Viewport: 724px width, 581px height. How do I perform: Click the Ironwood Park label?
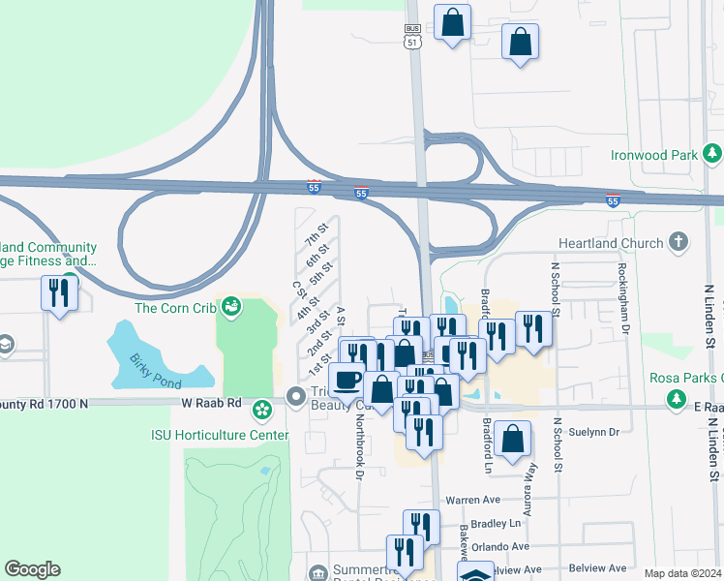pyautogui.click(x=654, y=155)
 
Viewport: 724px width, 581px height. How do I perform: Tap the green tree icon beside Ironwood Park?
pyautogui.click(x=712, y=154)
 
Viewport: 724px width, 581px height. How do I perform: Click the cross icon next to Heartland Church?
pyautogui.click(x=679, y=242)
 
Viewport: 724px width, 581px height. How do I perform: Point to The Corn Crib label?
pyautogui.click(x=173, y=309)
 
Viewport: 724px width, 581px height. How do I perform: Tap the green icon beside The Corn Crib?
pyautogui.click(x=230, y=308)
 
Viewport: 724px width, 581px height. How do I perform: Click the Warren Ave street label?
pyautogui.click(x=471, y=501)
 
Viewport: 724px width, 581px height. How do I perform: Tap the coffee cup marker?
pyautogui.click(x=347, y=380)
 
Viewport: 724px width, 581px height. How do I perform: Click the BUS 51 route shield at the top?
pyautogui.click(x=413, y=36)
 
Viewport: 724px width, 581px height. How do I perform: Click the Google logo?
pyautogui.click(x=33, y=569)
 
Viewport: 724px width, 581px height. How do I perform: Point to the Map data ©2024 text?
pyautogui.click(x=681, y=573)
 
